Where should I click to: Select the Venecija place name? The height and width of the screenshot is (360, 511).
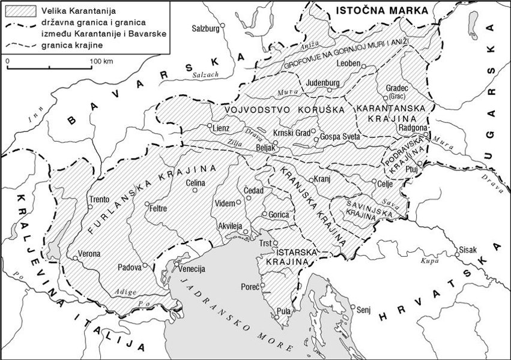coord(192,268)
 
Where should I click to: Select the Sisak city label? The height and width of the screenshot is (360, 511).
coord(468,248)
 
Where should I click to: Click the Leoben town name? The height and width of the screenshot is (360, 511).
coord(348,64)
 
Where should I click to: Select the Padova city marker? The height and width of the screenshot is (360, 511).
coord(145,265)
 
